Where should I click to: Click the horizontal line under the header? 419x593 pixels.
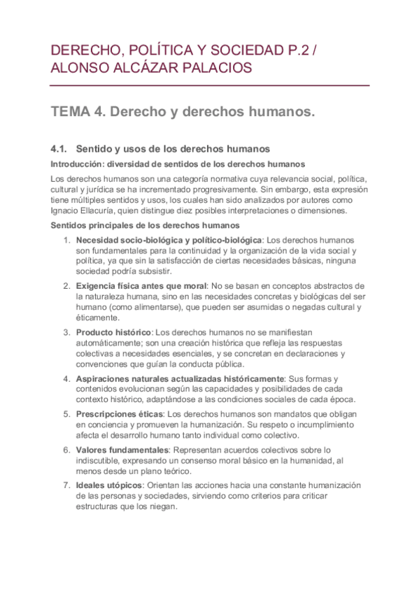point(210,85)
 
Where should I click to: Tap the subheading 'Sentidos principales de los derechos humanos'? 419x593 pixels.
point(145,226)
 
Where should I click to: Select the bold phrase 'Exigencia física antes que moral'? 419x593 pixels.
point(141,286)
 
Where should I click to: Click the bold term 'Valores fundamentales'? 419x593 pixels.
point(122,450)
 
